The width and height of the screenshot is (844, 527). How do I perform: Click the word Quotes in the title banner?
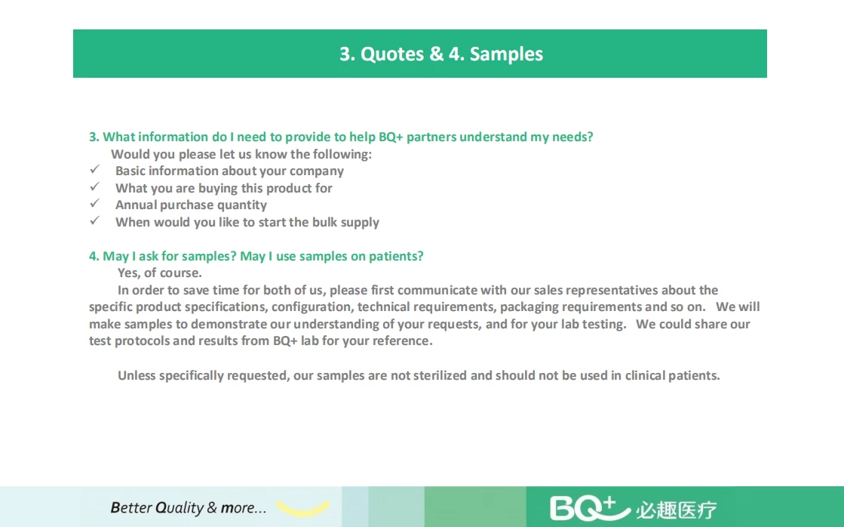[x=392, y=54]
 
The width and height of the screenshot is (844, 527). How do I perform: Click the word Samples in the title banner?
[x=507, y=54]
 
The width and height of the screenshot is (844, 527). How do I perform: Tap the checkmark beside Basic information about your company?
[x=95, y=170]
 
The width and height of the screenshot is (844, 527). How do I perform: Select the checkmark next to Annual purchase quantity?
[x=95, y=204]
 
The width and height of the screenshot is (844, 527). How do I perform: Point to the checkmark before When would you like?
[x=95, y=221]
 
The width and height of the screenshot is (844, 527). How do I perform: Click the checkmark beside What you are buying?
[x=95, y=186]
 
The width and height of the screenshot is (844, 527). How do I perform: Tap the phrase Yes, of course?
[x=160, y=273]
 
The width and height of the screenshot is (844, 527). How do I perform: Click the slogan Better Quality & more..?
[x=189, y=507]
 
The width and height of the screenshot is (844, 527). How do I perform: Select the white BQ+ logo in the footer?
[x=590, y=508]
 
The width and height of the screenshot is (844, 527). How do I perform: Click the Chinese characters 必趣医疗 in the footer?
[x=677, y=510]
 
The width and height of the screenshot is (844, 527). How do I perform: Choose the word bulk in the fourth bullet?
[x=325, y=222]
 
